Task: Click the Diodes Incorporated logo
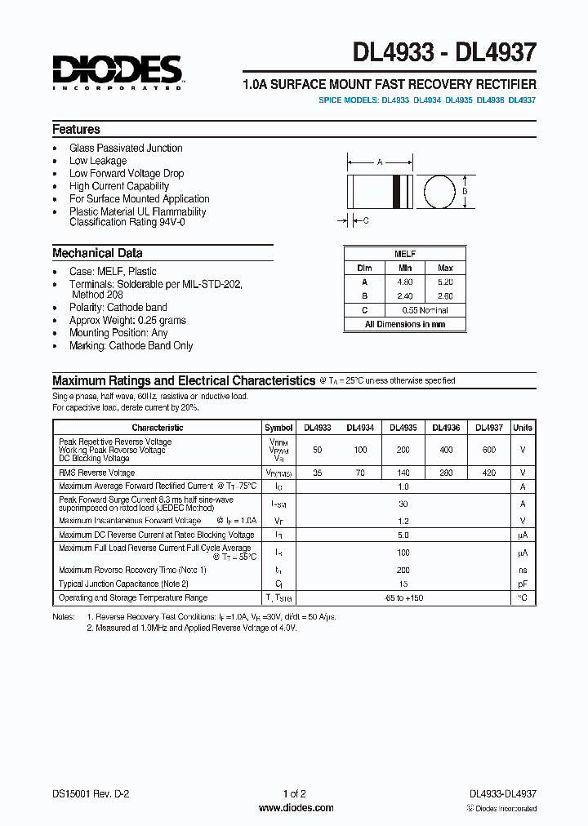(x=117, y=72)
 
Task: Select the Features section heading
(x=76, y=129)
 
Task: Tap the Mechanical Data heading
(x=97, y=253)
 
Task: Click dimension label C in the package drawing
(x=365, y=220)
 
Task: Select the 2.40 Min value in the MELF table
(x=405, y=295)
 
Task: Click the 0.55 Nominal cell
(x=425, y=310)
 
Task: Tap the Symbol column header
(x=278, y=428)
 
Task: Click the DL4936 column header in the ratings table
(x=446, y=428)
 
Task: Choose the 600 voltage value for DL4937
(x=488, y=451)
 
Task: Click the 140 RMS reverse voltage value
(x=403, y=473)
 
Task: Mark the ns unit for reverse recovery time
(x=523, y=570)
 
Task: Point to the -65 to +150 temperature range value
(x=403, y=598)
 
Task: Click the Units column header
(x=523, y=428)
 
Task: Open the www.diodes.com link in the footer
(x=295, y=808)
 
